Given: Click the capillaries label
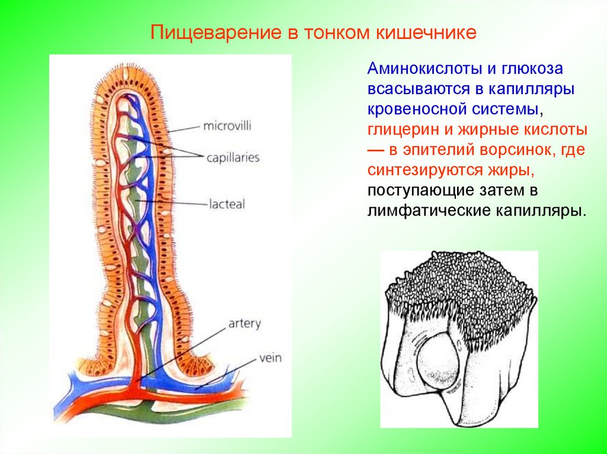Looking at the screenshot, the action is click(233, 158).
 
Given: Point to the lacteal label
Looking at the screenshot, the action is click(226, 204).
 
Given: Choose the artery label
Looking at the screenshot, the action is click(244, 324).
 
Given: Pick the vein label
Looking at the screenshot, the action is click(269, 358).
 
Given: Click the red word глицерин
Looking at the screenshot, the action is click(401, 130).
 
